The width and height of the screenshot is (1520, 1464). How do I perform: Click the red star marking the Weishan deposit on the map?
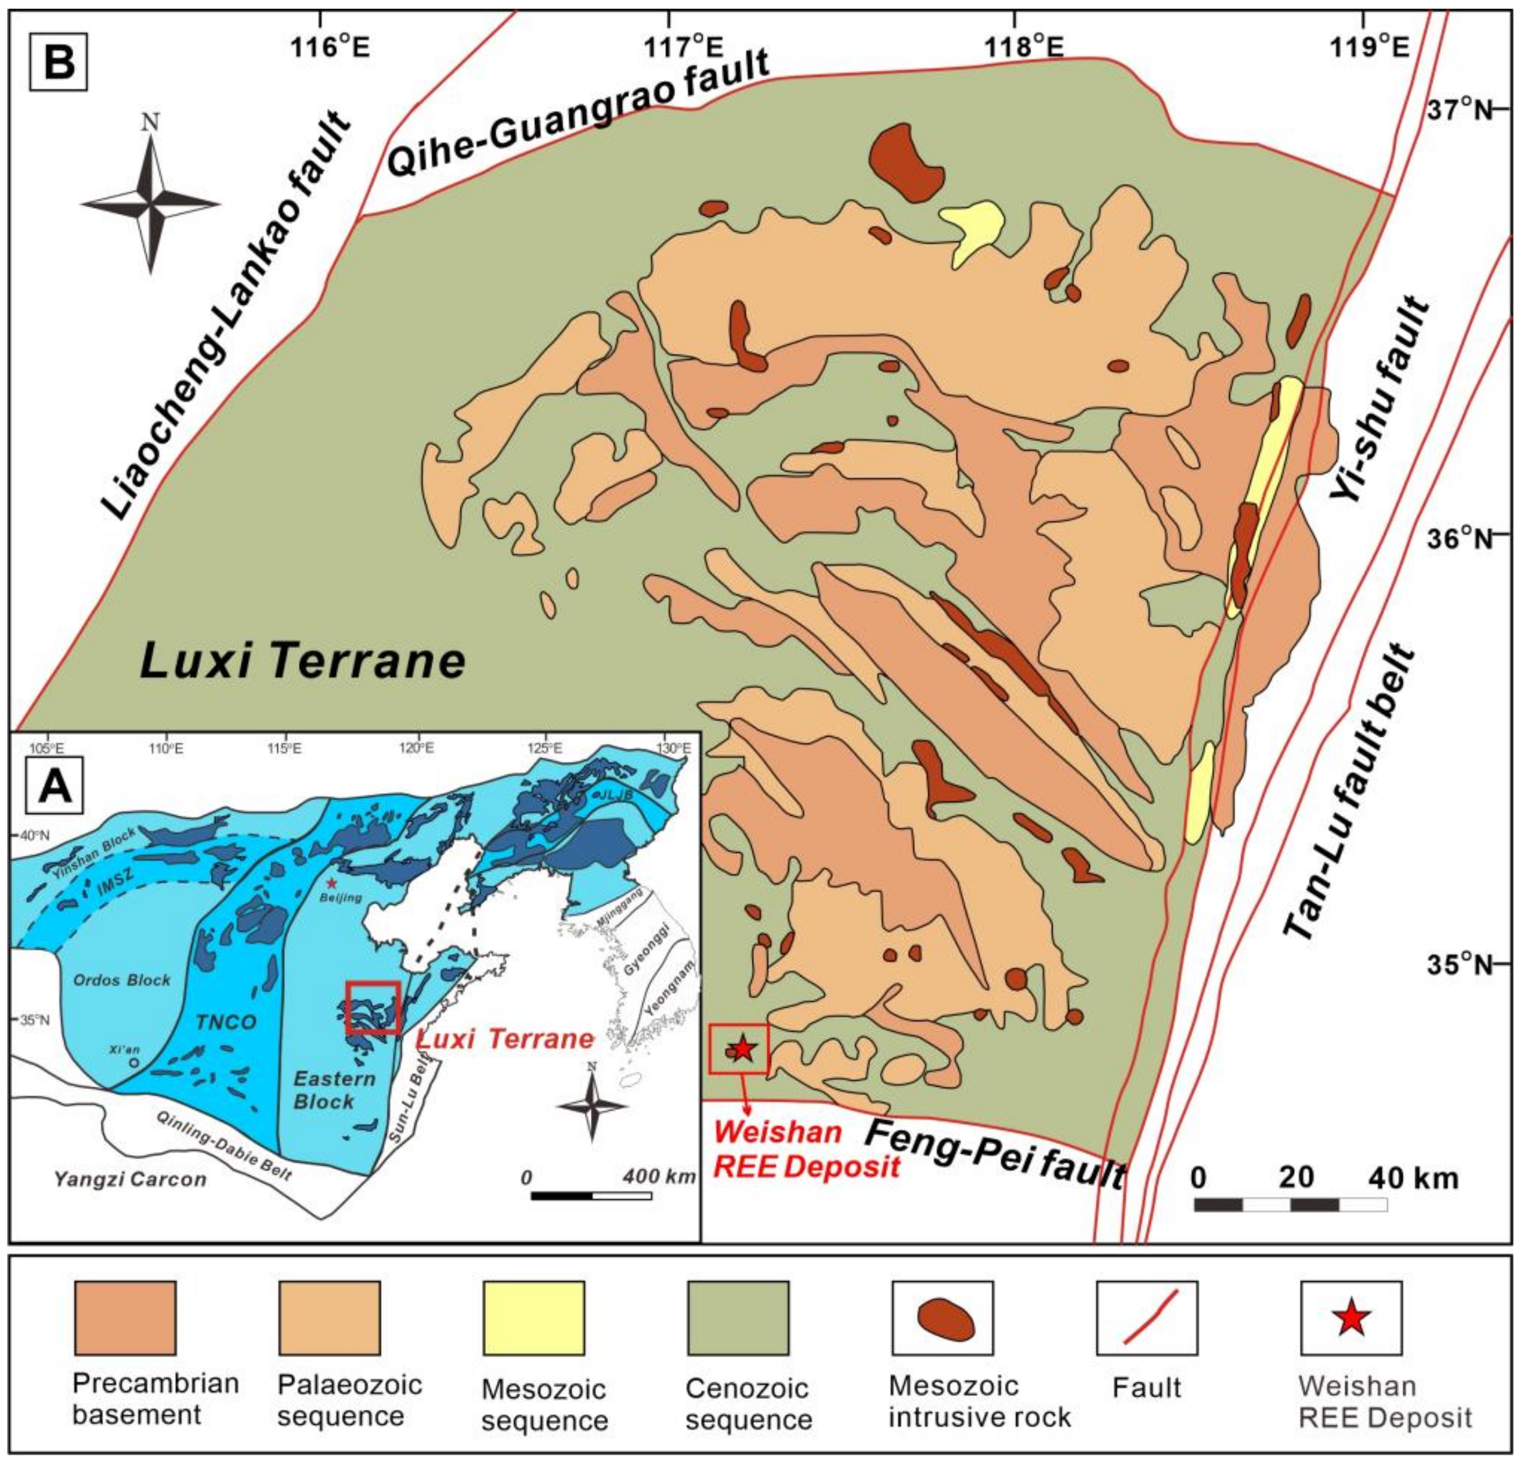pos(743,1049)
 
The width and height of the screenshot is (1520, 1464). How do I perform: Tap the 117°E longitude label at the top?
pos(685,48)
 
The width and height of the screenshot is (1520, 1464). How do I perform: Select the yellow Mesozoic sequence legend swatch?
pos(533,1317)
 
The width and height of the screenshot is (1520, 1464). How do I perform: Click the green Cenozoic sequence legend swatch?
pos(738,1317)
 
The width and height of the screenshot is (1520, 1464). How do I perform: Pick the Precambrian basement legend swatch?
pos(125,1317)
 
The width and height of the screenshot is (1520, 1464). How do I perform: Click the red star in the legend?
pos(1351,1317)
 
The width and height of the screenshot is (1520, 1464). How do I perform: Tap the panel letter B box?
pos(59,62)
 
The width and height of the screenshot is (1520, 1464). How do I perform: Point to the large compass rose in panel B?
pos(150,203)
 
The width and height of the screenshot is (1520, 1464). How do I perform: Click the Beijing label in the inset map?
pos(341,897)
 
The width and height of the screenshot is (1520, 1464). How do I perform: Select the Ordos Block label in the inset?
pos(122,980)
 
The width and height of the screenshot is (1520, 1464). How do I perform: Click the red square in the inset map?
pos(373,1007)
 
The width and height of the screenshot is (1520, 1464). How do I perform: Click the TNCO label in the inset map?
pos(226,1022)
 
